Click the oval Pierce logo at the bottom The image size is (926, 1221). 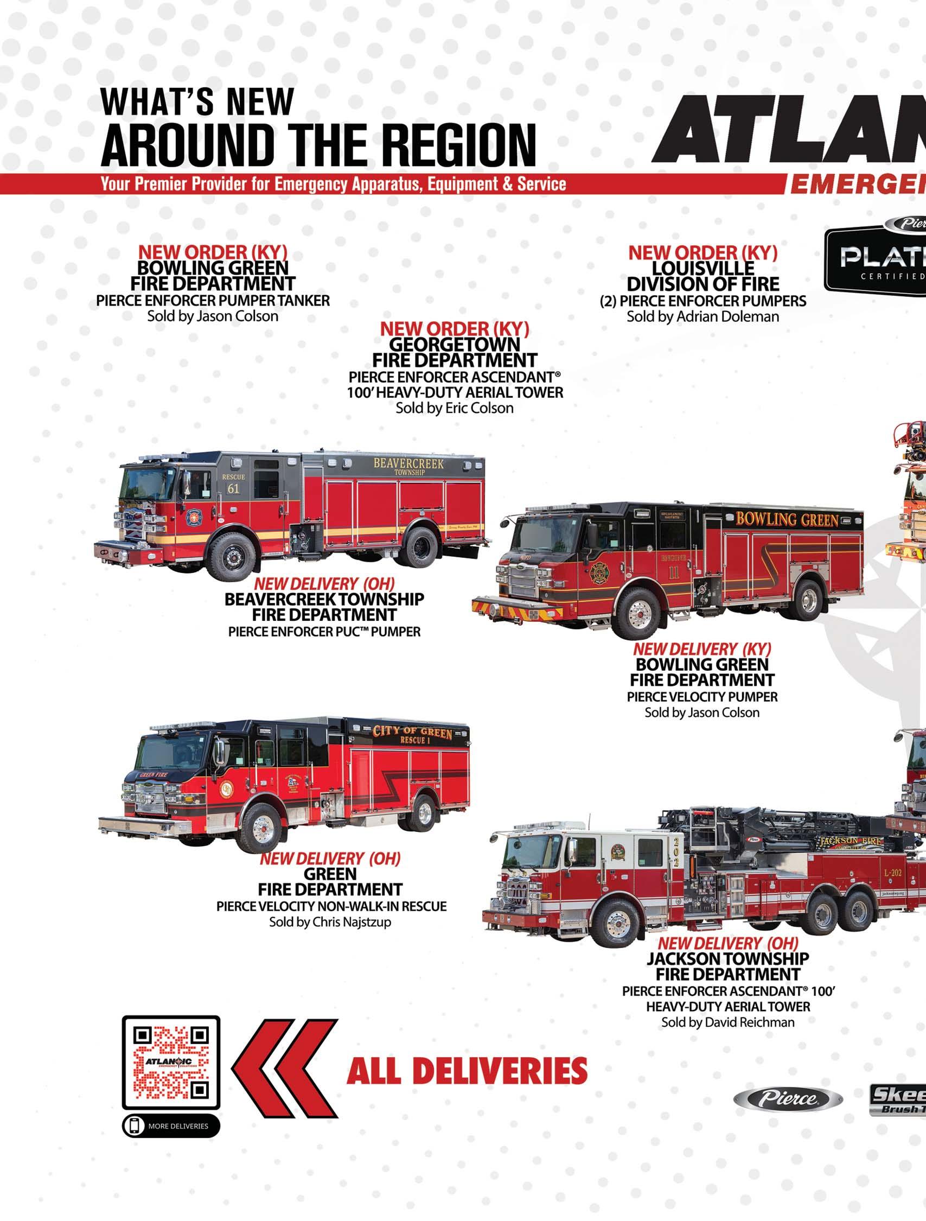788,1098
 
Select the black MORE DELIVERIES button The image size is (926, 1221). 170,1126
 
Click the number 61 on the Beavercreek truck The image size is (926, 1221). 233,488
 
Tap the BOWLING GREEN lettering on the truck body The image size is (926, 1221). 787,519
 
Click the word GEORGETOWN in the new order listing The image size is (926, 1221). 454,345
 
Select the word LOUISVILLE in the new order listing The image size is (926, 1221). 703,268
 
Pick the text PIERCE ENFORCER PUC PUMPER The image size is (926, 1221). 324,632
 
